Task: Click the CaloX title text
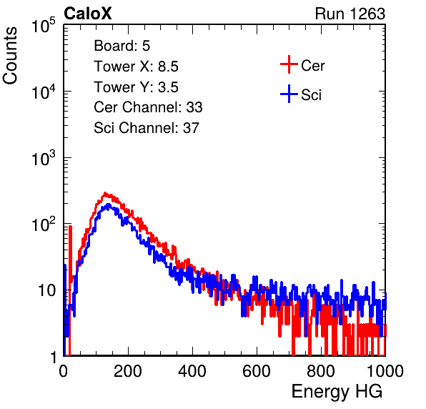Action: click(88, 14)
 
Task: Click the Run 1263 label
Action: click(350, 14)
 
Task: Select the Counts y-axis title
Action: click(10, 56)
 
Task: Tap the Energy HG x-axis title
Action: click(337, 392)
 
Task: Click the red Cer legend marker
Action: click(289, 64)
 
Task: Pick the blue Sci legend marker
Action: click(289, 94)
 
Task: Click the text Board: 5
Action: click(122, 46)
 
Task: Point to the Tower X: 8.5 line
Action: click(136, 66)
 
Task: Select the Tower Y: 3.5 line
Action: click(136, 87)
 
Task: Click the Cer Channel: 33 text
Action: click(148, 107)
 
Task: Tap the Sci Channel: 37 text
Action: click(147, 128)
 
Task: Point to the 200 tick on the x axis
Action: click(128, 371)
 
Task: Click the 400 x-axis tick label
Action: click(192, 371)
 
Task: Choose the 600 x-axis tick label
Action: click(257, 371)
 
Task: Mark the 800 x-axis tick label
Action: click(321, 371)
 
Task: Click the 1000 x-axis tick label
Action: click(385, 371)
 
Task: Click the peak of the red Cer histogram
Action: click(105, 193)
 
